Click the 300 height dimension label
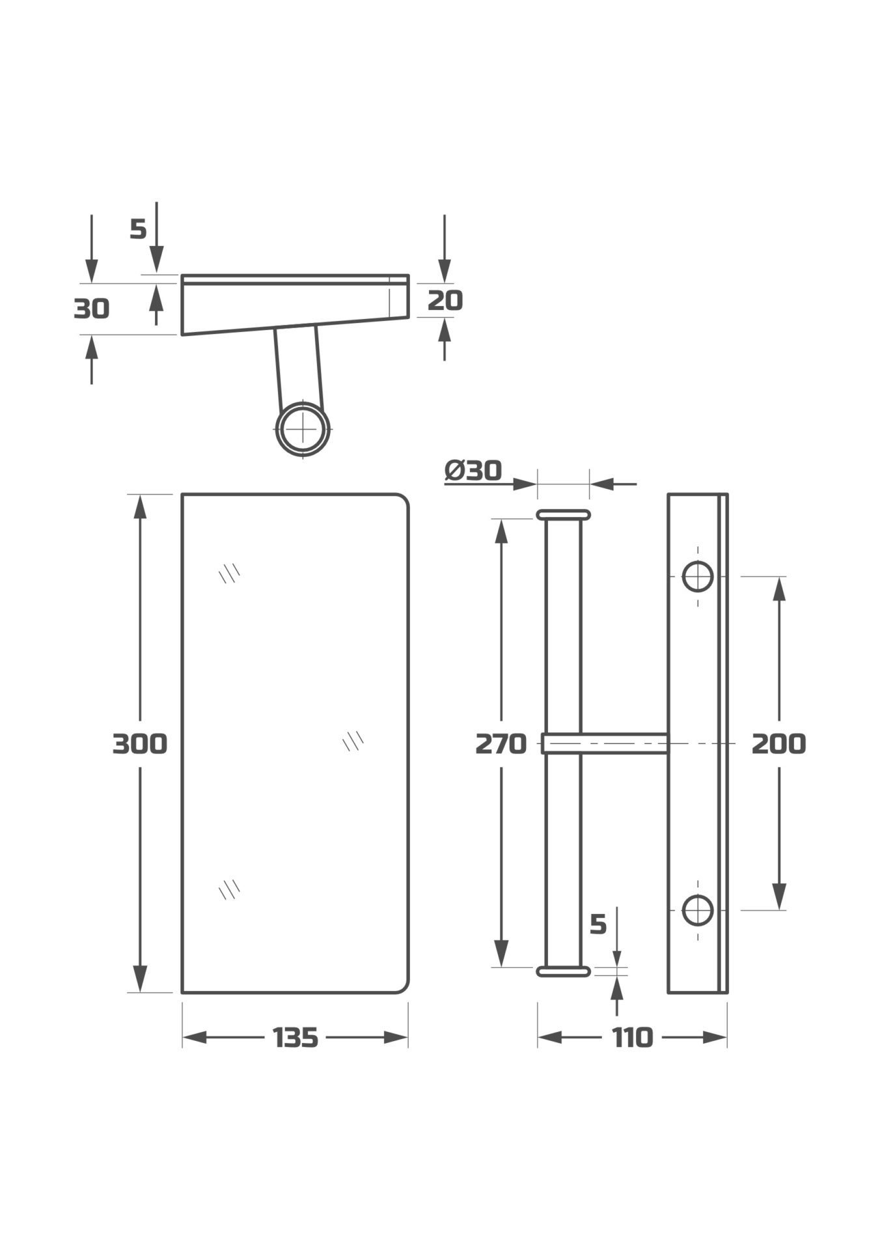[140, 743]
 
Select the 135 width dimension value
[296, 1038]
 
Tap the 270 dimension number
[501, 743]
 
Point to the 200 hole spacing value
[778, 743]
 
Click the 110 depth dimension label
[632, 1038]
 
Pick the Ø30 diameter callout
[473, 470]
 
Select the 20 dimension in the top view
[445, 300]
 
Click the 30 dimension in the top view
[92, 309]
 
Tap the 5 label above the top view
[139, 229]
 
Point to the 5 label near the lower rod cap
[598, 924]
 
